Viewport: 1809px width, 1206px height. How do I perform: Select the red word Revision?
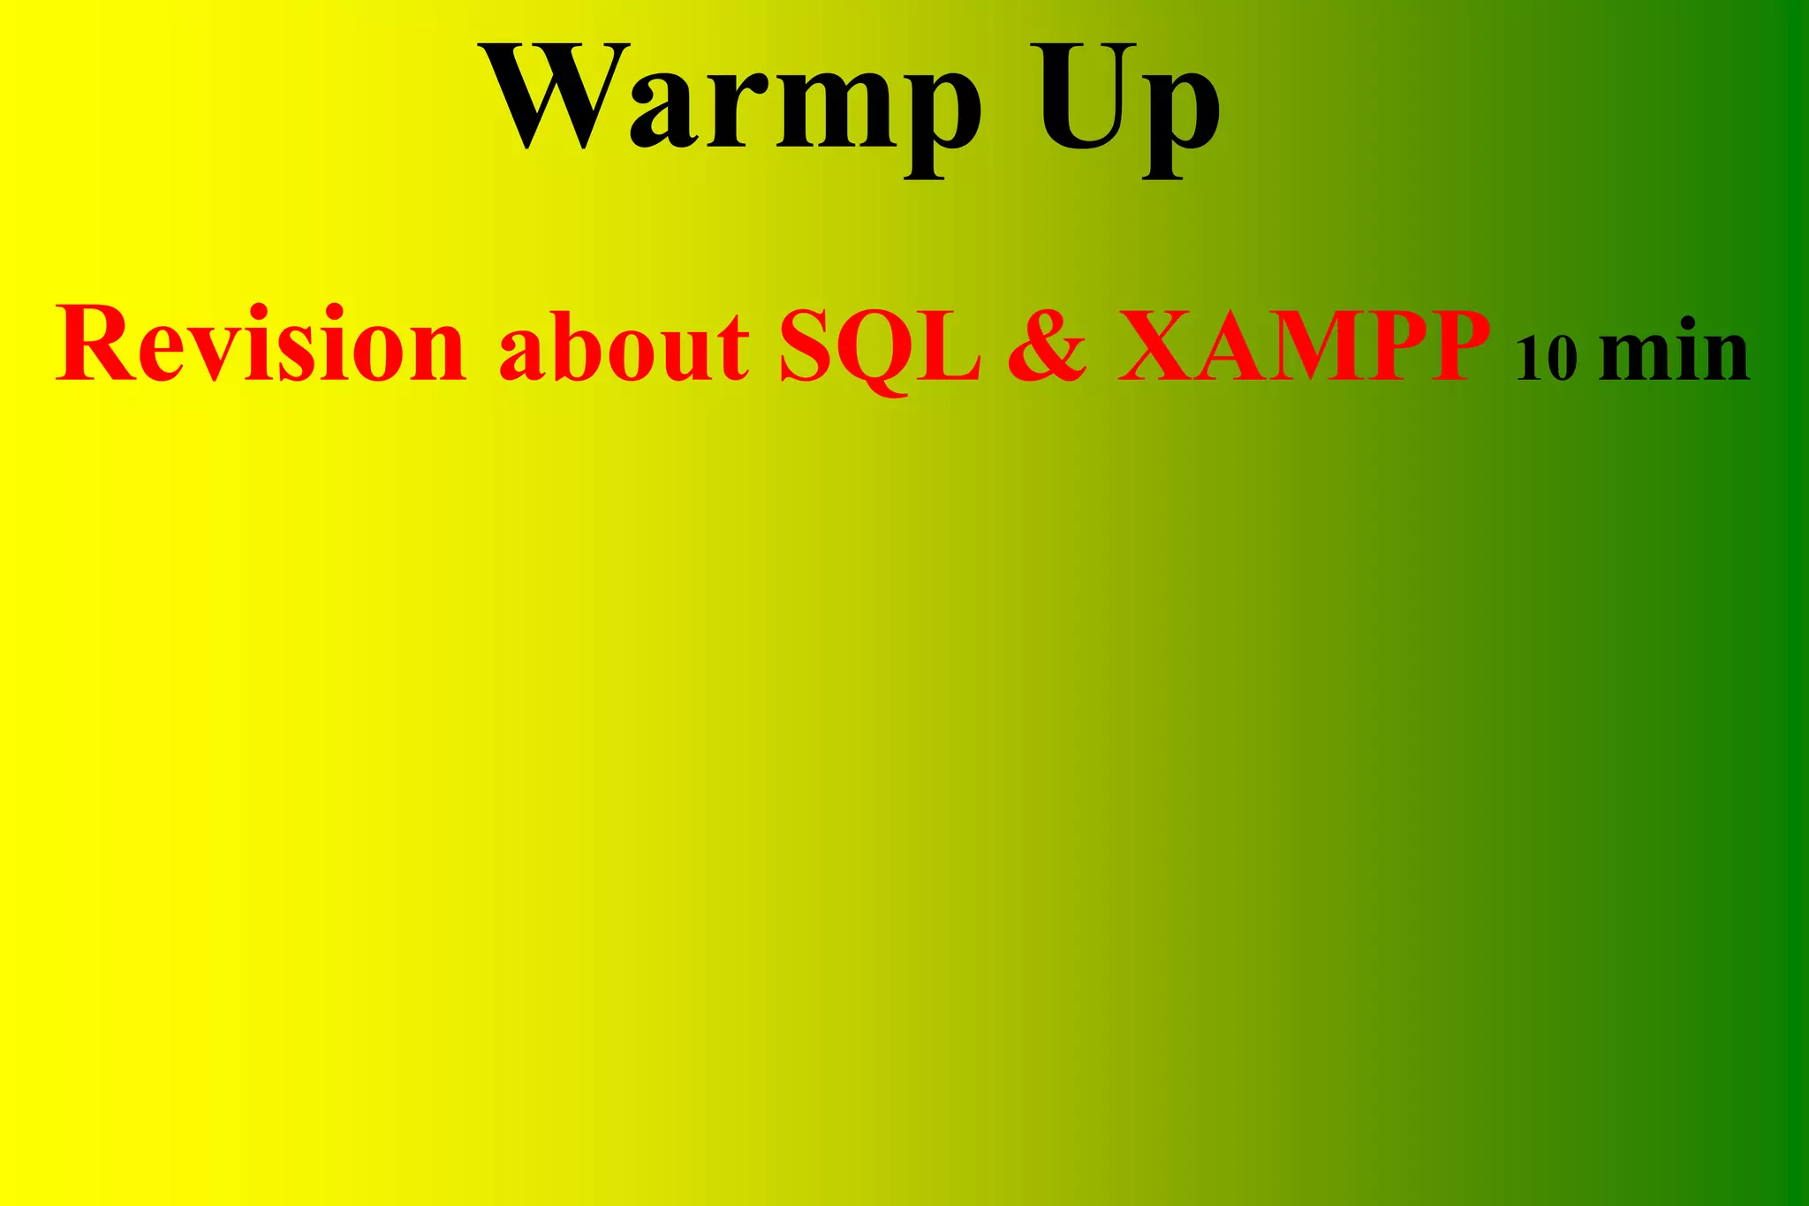click(x=261, y=345)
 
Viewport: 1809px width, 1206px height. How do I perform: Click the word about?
click(x=624, y=346)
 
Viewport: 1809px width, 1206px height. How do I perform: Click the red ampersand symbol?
click(x=1048, y=346)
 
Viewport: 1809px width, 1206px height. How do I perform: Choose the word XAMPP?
click(x=1304, y=346)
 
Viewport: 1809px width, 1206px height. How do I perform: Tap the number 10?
click(x=1546, y=358)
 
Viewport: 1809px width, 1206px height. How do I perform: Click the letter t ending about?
click(x=733, y=350)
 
